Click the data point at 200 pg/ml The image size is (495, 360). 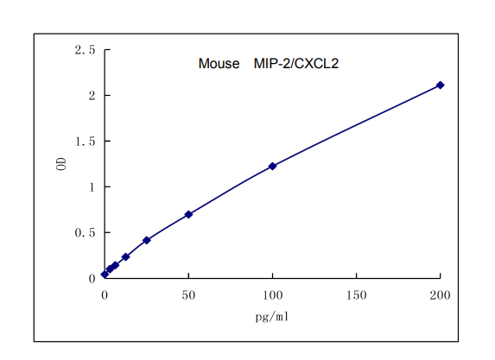(440, 85)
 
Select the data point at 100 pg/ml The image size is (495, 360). (272, 166)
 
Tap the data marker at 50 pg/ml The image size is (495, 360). (188, 214)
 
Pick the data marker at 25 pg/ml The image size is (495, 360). (147, 240)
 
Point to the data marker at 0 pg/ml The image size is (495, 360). (105, 275)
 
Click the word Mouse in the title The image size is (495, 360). (219, 64)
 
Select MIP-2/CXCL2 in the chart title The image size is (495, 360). (289, 64)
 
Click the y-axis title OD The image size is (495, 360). (61, 163)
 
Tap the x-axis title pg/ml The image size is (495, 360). (272, 316)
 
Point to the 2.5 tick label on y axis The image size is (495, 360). (85, 50)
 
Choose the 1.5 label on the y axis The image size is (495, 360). (85, 141)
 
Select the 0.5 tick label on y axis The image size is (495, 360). (85, 232)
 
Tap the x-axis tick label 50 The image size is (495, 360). (188, 295)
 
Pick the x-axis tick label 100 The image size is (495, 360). (272, 295)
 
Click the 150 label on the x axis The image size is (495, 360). (356, 295)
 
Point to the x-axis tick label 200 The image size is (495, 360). (440, 295)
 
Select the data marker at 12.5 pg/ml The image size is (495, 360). (125, 256)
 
